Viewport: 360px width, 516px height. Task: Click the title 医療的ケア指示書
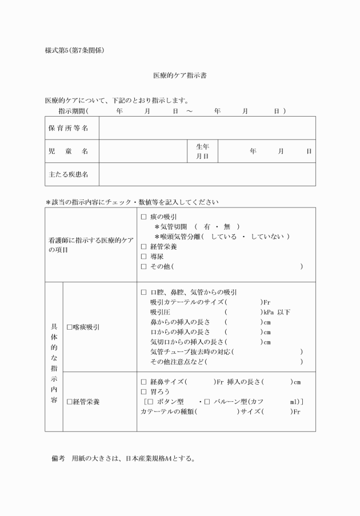click(179, 75)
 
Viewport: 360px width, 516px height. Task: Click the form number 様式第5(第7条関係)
click(74, 50)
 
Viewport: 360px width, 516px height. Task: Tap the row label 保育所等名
click(67, 129)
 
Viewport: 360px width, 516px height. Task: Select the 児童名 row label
click(67, 151)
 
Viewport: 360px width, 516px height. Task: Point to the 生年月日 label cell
click(202, 151)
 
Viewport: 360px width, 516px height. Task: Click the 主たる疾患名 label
click(67, 174)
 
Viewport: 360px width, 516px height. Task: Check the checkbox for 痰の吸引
click(143, 217)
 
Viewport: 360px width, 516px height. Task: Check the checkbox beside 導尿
click(143, 257)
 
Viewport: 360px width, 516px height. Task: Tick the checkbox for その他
click(143, 266)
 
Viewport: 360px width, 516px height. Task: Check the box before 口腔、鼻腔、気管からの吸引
click(143, 292)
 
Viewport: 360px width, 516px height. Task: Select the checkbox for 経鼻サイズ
click(143, 382)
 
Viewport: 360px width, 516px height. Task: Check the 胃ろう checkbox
click(143, 391)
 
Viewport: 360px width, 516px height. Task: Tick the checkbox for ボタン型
click(150, 401)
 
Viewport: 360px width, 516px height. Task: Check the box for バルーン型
click(207, 401)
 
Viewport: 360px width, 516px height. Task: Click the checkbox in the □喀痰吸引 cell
click(69, 327)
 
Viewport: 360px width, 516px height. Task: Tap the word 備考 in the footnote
click(59, 458)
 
